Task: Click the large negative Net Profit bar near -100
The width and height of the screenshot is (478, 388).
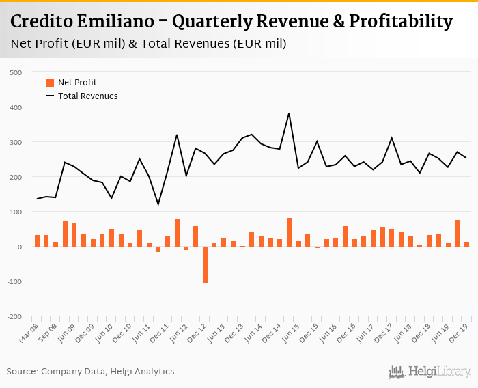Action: pyautogui.click(x=205, y=264)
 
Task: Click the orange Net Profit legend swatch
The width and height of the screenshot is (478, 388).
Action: pyautogui.click(x=49, y=83)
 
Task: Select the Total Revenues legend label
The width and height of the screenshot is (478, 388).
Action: pyautogui.click(x=87, y=96)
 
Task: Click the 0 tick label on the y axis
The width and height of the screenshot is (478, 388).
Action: pyautogui.click(x=20, y=247)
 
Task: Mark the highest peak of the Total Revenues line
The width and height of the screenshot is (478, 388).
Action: pyautogui.click(x=289, y=113)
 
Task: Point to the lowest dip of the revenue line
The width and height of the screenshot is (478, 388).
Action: pyautogui.click(x=158, y=204)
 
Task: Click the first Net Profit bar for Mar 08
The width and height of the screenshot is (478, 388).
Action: pyautogui.click(x=37, y=241)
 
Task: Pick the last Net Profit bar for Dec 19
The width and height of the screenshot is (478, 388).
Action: pyautogui.click(x=466, y=244)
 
